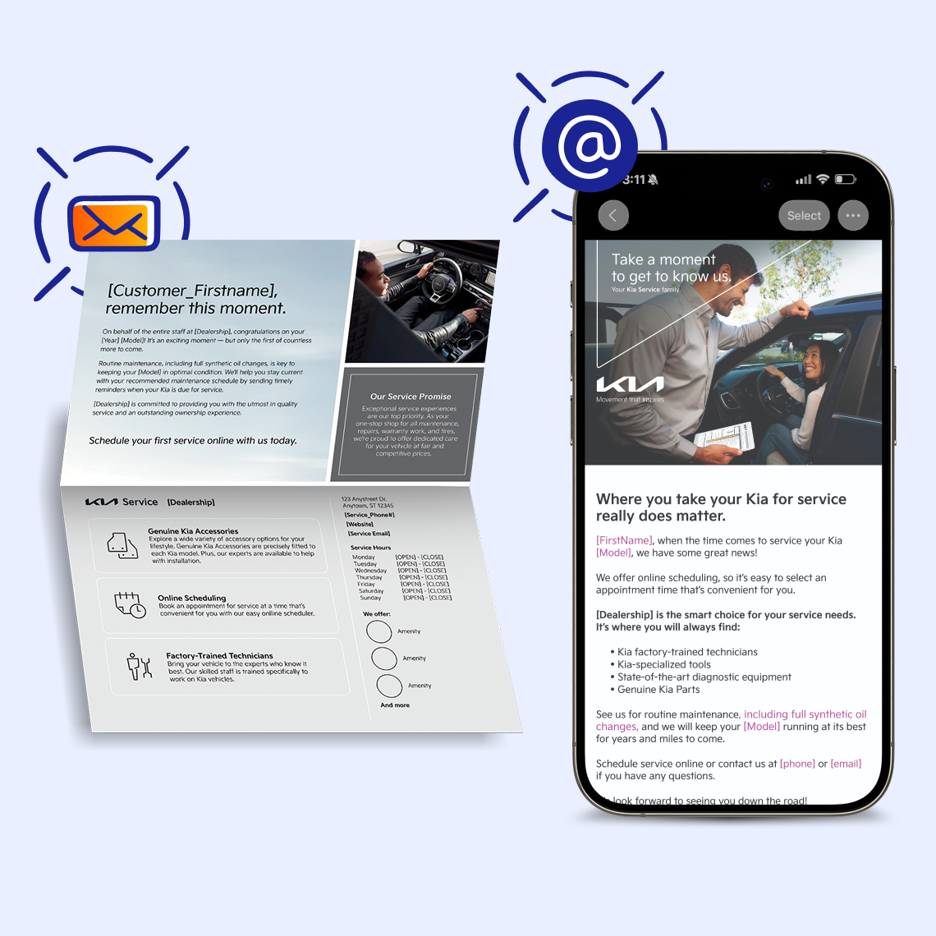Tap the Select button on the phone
point(804,216)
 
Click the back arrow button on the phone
point(613,216)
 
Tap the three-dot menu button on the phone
point(853,216)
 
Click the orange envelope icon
point(113,223)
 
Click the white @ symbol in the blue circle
point(590,145)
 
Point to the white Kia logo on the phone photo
point(630,385)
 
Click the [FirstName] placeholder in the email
point(624,540)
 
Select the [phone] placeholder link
point(797,764)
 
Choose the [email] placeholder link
point(846,764)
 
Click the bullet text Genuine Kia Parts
point(658,690)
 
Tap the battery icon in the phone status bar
point(845,179)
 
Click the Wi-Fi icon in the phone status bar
point(823,179)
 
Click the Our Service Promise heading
point(411,396)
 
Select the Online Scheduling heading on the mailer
point(191,598)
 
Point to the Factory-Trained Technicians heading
point(219,655)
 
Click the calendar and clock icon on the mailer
point(129,604)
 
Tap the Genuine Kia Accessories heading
point(193,531)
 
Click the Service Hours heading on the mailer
point(370,547)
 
